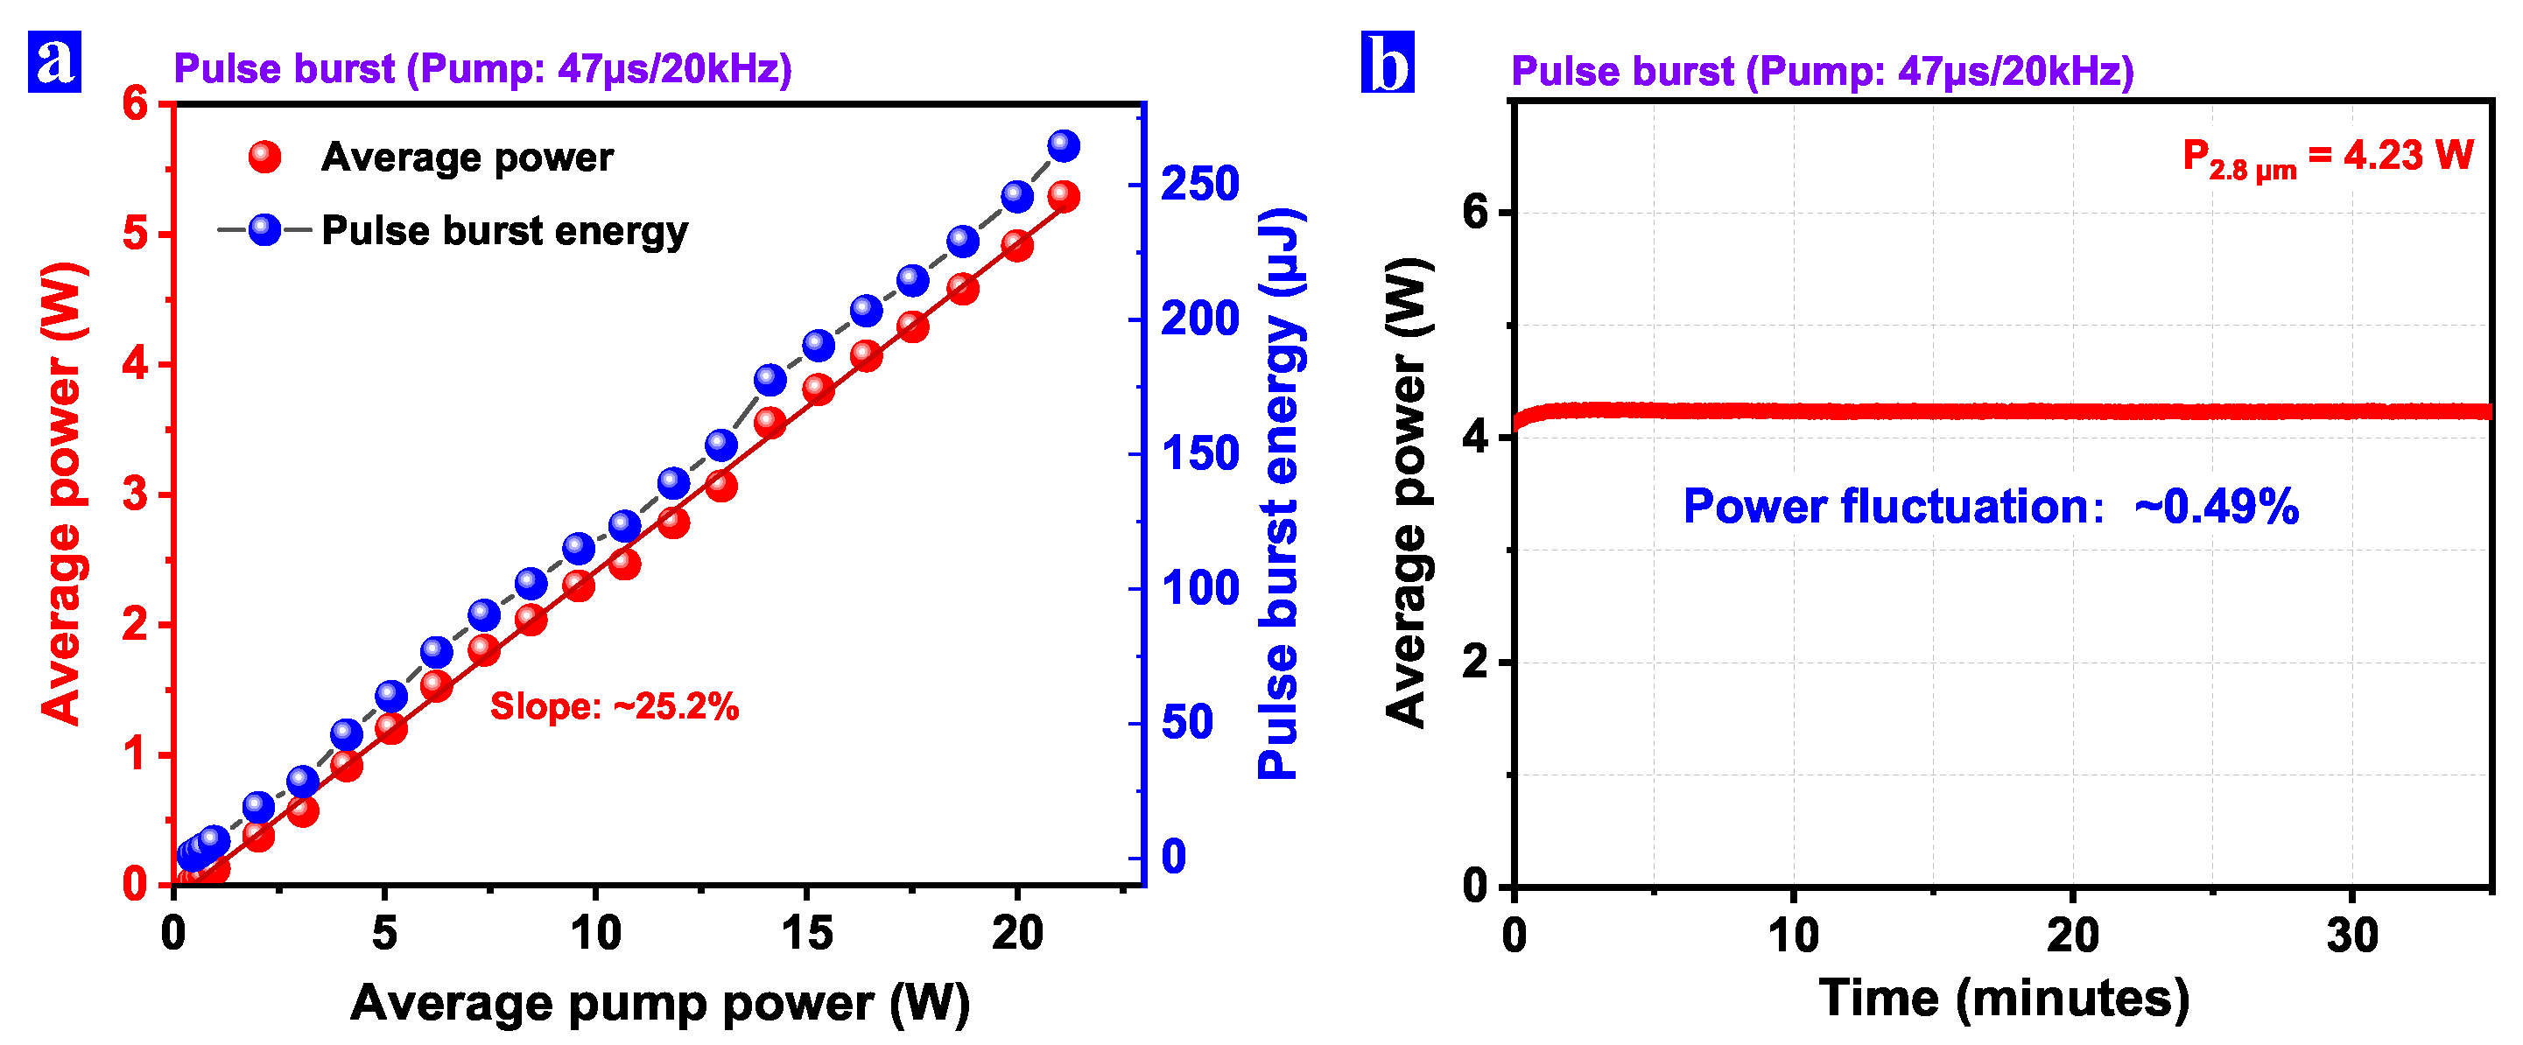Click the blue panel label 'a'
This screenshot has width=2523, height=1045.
pyautogui.click(x=54, y=60)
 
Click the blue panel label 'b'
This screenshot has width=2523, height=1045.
pyautogui.click(x=1387, y=61)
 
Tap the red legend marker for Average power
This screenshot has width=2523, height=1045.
pyautogui.click(x=264, y=157)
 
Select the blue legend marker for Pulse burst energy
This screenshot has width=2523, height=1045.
pyautogui.click(x=264, y=230)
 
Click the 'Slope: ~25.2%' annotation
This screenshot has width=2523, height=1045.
pyautogui.click(x=614, y=706)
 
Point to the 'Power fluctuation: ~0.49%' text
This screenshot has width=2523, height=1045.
pyautogui.click(x=1990, y=507)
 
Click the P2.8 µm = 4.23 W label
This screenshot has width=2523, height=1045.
pyautogui.click(x=2327, y=157)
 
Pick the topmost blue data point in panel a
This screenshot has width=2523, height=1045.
pyautogui.click(x=1064, y=146)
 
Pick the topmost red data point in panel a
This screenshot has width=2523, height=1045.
pyautogui.click(x=1064, y=197)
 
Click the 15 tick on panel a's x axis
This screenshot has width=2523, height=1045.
pyautogui.click(x=807, y=933)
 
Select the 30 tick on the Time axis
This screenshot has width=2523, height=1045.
pyautogui.click(x=2351, y=936)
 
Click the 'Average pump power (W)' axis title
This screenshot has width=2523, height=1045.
pyautogui.click(x=659, y=1003)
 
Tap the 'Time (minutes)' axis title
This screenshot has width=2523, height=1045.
pyautogui.click(x=2003, y=999)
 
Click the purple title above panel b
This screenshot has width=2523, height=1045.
pyautogui.click(x=1822, y=71)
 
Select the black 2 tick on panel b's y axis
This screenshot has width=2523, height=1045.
pyautogui.click(x=1475, y=662)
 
